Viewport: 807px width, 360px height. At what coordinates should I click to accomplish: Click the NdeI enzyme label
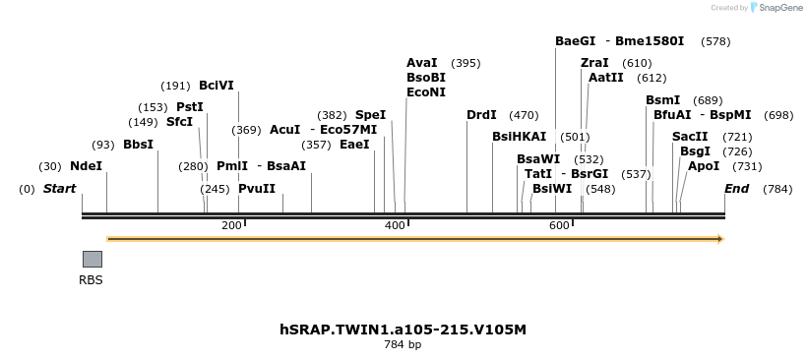tap(86, 166)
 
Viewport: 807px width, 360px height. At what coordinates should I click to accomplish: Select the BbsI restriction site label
tap(138, 145)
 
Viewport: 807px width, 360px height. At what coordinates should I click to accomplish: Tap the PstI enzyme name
tap(190, 107)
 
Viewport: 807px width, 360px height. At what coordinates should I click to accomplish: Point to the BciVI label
tap(217, 86)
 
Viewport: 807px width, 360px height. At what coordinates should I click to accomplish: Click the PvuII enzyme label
tap(257, 189)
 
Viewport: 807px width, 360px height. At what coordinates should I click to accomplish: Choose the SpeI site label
tap(370, 115)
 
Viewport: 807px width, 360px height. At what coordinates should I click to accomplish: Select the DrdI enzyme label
tap(481, 115)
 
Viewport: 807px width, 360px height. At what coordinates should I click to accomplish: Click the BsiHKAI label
tap(519, 137)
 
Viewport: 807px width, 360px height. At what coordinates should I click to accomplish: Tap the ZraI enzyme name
tap(594, 63)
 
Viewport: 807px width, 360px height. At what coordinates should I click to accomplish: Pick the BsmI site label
tap(662, 100)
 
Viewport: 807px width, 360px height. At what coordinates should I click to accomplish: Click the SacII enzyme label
tap(690, 137)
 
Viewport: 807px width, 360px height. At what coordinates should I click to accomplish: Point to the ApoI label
tap(704, 166)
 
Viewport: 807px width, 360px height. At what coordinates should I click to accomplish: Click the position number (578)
tap(715, 41)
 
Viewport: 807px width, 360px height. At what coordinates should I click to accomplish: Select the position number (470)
tap(524, 115)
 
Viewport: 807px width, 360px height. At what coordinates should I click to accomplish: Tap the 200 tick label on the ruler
tap(231, 226)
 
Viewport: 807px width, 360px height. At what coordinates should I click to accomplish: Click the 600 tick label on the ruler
tap(559, 226)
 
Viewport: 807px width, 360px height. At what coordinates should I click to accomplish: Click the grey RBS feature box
tap(92, 259)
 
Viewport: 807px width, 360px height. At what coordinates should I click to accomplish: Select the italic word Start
tap(59, 189)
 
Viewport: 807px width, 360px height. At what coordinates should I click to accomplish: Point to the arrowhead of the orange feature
tap(719, 239)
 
